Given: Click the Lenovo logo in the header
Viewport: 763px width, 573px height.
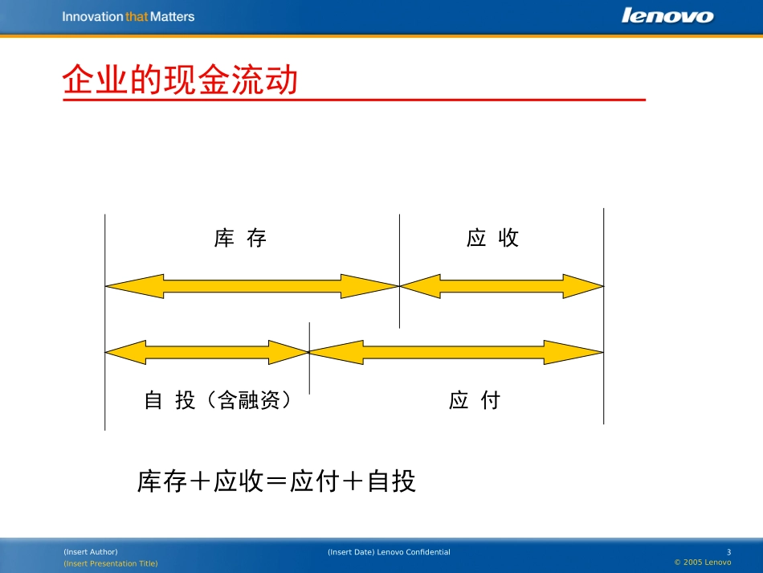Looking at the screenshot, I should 667,16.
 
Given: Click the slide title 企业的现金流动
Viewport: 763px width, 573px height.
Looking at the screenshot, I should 181,80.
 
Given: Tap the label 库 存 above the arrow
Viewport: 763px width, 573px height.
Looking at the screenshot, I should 240,238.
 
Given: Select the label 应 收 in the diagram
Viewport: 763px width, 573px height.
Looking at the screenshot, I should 493,238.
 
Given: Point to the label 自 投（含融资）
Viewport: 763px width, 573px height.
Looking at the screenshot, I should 217,400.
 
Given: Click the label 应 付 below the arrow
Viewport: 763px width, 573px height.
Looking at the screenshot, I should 475,400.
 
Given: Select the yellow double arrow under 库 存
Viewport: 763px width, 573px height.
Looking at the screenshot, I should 252,285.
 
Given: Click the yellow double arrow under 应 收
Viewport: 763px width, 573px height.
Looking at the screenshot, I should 501,285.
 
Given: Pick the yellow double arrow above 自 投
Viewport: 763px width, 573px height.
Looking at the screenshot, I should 206,352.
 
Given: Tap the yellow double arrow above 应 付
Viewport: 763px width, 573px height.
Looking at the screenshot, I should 455,352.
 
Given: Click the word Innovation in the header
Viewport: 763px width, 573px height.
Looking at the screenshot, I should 93,16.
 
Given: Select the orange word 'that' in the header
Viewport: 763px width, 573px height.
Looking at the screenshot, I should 137,16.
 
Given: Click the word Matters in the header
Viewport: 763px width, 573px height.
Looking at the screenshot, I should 172,16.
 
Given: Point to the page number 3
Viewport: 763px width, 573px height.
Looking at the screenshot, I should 728,552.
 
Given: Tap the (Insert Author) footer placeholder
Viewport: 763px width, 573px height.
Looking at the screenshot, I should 90,552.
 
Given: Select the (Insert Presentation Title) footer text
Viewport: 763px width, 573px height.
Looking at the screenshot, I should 111,563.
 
